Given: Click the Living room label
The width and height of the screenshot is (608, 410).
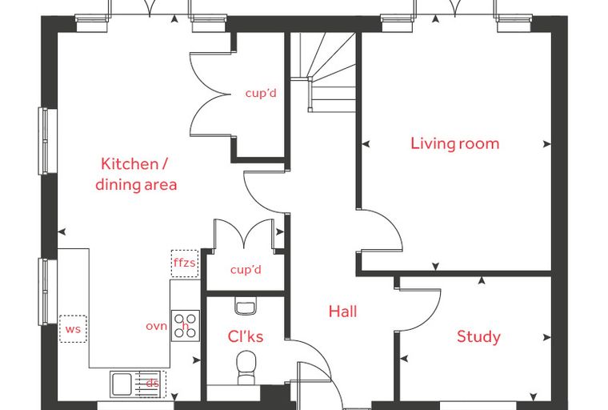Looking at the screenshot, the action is (x=455, y=143).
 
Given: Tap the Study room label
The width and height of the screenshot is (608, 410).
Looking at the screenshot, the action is (x=478, y=336).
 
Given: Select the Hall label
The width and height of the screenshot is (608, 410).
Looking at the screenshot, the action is (x=342, y=312).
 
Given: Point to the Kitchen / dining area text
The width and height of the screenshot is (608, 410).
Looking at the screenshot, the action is (x=136, y=175).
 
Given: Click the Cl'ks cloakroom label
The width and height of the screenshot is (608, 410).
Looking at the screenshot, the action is (x=246, y=336).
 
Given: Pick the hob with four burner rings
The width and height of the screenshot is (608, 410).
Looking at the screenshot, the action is (x=186, y=326).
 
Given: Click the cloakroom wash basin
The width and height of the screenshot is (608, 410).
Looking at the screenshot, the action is (x=246, y=307).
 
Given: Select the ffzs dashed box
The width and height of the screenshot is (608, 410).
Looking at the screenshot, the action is (x=185, y=263).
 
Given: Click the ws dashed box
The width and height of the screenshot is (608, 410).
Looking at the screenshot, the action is (x=73, y=329).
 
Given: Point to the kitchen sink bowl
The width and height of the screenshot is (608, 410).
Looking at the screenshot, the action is (x=122, y=384).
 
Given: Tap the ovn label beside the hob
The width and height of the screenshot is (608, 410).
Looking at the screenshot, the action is (x=156, y=327).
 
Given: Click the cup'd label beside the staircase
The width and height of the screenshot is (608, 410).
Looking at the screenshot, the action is (x=261, y=93).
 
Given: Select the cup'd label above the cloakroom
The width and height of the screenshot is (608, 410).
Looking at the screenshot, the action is (x=246, y=269).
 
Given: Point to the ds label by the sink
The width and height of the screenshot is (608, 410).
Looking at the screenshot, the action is (x=152, y=384).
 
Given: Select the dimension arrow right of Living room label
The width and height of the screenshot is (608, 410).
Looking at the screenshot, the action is (x=546, y=144).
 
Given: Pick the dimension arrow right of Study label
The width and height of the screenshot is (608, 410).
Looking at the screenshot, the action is (x=546, y=337).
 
